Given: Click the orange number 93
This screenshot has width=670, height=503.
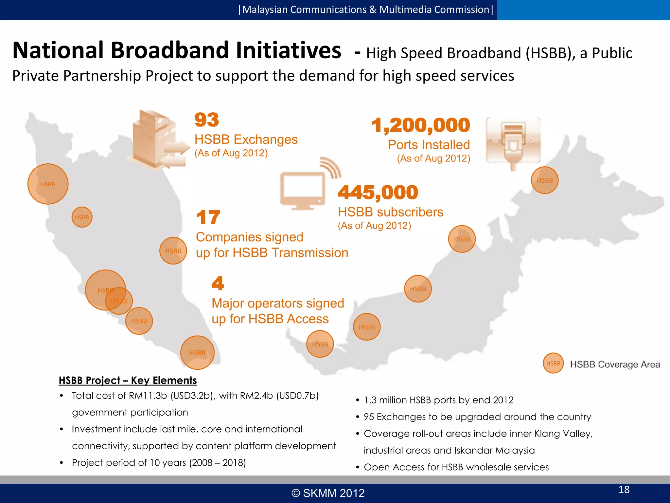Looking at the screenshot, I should [206, 120].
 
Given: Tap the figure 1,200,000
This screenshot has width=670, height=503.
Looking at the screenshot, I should [421, 125].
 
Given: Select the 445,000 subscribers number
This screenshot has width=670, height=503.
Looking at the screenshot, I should [378, 192].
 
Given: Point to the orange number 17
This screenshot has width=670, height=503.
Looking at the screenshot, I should [208, 217].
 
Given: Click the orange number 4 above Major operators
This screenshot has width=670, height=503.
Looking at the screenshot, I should [218, 283].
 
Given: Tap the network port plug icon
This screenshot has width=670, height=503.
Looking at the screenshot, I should [513, 141].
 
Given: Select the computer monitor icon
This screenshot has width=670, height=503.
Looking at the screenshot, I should [303, 190].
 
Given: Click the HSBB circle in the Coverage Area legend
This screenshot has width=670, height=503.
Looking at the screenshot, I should [553, 363].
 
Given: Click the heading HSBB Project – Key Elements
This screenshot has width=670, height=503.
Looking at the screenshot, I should [128, 380].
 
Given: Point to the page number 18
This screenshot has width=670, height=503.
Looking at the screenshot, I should [624, 490].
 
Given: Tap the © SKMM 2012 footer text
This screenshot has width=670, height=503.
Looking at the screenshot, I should [328, 493].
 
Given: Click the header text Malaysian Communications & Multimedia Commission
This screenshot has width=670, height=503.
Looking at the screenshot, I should [365, 10].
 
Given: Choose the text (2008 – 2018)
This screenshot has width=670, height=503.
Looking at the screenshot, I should [218, 463].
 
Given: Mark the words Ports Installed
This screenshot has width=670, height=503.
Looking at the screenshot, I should [429, 145].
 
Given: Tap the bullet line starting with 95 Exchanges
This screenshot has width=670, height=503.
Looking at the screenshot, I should [477, 417].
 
